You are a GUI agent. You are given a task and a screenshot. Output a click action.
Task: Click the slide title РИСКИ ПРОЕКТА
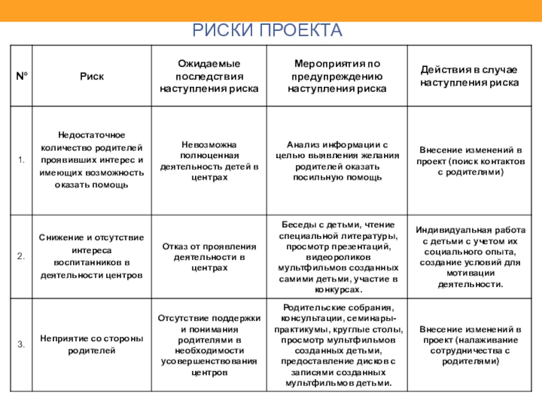[268, 31]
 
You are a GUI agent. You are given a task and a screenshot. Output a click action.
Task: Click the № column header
[22, 76]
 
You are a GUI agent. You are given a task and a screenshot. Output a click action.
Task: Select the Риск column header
[91, 76]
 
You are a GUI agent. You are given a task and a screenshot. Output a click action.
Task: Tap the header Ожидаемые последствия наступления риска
[209, 76]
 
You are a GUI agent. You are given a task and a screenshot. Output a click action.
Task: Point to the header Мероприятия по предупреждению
[337, 76]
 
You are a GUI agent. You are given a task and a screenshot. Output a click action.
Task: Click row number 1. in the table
[22, 161]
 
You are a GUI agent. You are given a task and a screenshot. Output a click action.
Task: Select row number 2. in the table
[22, 256]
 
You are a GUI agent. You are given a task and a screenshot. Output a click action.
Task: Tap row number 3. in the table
[22, 344]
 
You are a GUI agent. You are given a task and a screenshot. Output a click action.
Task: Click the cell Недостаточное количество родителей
[91, 161]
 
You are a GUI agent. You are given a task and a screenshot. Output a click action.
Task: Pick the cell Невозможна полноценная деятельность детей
[209, 161]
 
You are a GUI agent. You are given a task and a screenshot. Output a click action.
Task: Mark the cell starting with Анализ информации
[337, 161]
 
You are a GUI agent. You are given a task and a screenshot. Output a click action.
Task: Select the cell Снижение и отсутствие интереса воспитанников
[91, 256]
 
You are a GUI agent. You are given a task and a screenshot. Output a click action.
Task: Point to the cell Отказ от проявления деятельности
[209, 256]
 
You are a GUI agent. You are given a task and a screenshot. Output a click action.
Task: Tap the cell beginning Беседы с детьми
[337, 256]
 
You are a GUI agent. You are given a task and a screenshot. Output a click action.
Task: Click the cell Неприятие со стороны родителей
[91, 344]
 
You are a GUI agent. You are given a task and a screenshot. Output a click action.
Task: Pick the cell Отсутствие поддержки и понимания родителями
[209, 344]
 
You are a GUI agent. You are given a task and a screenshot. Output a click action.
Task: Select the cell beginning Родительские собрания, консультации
[337, 344]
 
